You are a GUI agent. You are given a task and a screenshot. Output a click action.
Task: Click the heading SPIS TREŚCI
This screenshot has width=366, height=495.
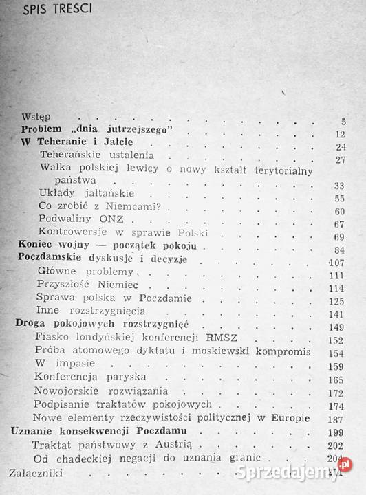click(53, 11)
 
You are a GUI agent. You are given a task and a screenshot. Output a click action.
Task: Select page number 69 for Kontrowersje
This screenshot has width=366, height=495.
click(338, 236)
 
